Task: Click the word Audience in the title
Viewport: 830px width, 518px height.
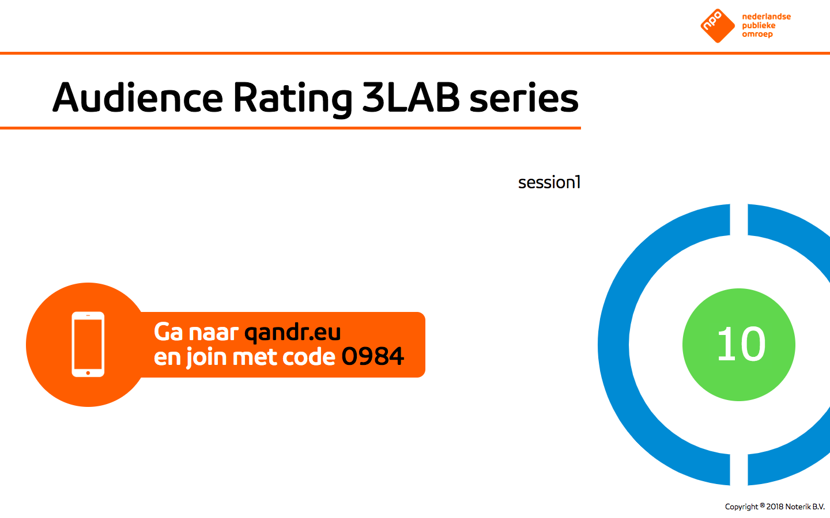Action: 138,97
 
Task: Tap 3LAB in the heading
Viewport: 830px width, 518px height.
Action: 410,97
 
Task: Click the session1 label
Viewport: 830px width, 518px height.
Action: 549,182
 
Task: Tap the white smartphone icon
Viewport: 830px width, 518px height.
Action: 88,344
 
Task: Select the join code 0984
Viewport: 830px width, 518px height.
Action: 372,356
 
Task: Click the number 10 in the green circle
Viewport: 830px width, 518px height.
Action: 741,344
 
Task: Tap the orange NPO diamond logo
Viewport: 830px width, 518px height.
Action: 718,26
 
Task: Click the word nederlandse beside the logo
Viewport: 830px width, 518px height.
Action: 766,17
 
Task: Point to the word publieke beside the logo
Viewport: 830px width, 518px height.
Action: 759,25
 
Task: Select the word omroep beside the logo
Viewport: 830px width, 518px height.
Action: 757,35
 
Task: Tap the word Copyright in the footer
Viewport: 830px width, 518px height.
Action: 741,507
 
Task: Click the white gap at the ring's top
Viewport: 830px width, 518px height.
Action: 739,219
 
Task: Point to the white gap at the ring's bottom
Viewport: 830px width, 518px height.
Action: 739,469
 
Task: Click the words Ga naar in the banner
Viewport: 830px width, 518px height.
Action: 195,332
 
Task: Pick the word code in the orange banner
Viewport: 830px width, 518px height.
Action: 309,357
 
